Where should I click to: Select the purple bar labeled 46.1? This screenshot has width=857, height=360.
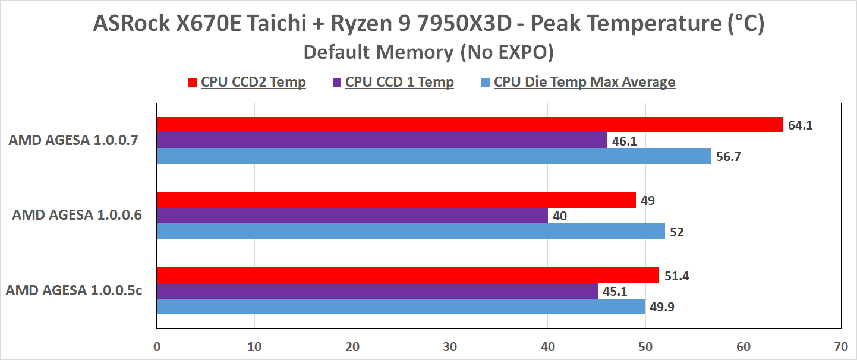(x=382, y=141)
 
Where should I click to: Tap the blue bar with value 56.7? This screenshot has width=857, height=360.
(x=433, y=156)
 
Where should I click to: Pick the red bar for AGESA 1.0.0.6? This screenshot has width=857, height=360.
(x=396, y=200)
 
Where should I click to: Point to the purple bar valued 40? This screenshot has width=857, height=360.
(x=352, y=216)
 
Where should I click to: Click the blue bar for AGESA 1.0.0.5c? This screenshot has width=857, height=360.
(x=401, y=307)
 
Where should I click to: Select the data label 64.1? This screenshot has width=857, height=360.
(x=799, y=125)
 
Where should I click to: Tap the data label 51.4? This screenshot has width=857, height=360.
(x=676, y=276)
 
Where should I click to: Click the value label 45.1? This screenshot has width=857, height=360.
(x=614, y=291)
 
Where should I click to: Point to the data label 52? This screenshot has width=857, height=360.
(x=676, y=232)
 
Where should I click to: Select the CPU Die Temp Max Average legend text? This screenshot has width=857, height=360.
(x=584, y=82)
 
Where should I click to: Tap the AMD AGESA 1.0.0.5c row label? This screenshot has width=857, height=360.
(x=74, y=291)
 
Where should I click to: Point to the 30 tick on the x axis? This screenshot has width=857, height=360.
(x=450, y=346)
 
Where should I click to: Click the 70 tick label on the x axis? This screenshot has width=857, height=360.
(x=840, y=346)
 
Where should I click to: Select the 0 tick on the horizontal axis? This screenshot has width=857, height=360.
(x=156, y=346)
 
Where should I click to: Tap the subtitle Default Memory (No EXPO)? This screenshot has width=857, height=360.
(x=428, y=52)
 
